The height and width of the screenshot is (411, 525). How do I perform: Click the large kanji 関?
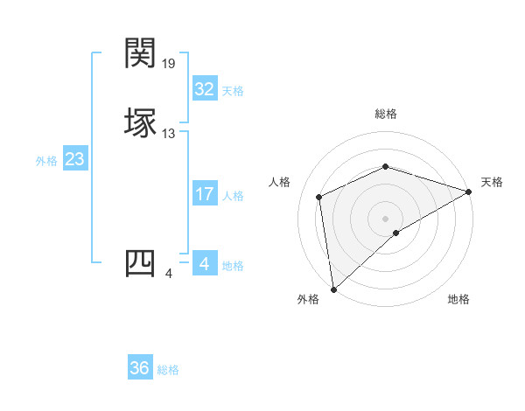(140, 53)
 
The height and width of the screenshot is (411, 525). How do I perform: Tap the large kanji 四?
(140, 263)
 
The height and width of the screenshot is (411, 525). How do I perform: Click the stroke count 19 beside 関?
(170, 64)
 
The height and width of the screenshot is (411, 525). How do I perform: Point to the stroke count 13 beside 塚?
(170, 134)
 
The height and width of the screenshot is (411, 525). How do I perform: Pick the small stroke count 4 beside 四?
(169, 274)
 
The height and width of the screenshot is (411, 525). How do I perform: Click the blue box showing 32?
(204, 89)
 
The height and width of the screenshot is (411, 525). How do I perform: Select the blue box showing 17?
(204, 194)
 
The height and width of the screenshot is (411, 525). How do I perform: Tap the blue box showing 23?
(74, 159)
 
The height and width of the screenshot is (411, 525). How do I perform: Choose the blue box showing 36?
(139, 368)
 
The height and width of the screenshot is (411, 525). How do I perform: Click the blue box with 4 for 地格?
(204, 264)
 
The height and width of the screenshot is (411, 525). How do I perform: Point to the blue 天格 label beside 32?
(233, 90)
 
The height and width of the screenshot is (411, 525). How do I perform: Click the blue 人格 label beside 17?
(233, 195)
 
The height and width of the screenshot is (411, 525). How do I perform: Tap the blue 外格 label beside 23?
(46, 160)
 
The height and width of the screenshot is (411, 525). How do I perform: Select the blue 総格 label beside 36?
(168, 369)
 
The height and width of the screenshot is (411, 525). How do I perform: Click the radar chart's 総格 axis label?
(386, 114)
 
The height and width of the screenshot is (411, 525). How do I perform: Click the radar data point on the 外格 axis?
(333, 289)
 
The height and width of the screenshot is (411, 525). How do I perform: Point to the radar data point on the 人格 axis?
(319, 197)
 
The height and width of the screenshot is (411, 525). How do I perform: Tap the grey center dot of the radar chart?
(386, 218)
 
